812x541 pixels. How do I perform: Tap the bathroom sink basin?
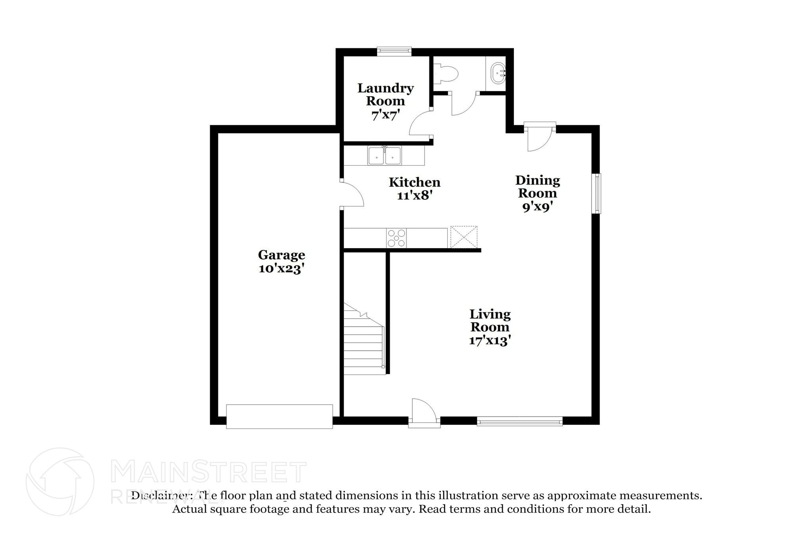click(498, 74)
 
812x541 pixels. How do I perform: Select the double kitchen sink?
click(384, 156)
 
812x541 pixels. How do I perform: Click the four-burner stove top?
click(396, 238)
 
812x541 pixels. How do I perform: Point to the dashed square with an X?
click(464, 237)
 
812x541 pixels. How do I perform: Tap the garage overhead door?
click(279, 416)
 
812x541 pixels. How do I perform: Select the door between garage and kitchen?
click(352, 194)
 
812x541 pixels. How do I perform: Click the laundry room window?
click(394, 51)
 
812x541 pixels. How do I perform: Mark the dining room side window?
click(596, 193)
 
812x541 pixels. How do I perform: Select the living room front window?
click(519, 421)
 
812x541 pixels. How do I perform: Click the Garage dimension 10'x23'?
click(282, 269)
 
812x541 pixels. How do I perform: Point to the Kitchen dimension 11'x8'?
click(414, 195)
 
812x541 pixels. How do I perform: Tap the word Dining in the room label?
click(538, 180)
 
